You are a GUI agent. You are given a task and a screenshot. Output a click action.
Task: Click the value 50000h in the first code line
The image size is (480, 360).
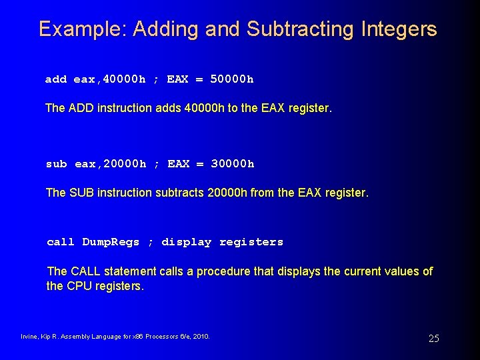click(231, 79)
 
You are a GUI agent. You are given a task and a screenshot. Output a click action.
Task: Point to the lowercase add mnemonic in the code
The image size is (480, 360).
click(55, 79)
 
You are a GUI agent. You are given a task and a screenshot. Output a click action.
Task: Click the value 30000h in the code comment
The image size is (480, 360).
click(232, 164)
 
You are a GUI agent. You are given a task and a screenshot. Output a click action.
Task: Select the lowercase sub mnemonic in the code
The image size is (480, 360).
click(56, 164)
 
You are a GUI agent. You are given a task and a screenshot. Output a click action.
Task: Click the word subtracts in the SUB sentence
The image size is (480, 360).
click(180, 193)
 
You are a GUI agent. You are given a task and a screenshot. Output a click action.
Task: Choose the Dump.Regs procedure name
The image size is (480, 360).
click(111, 242)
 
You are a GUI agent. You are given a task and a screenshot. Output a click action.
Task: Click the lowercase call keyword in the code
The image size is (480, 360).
click(61, 242)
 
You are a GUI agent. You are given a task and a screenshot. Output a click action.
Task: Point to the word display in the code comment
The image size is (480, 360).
click(186, 242)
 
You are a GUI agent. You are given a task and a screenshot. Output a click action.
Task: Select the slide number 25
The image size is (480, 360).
click(433, 339)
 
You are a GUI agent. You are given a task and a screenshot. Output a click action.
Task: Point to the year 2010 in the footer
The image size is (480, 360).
click(201, 337)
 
